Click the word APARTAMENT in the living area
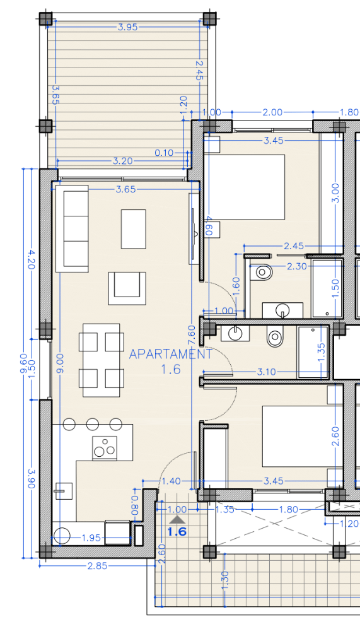click(171, 354)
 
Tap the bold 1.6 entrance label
click(177, 532)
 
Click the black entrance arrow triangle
click(177, 520)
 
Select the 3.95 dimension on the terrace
click(128, 27)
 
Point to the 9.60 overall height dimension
click(24, 363)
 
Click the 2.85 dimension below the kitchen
click(98, 566)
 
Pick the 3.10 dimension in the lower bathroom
click(266, 372)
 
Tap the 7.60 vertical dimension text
click(192, 336)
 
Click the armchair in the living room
click(127, 288)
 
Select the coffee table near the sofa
click(134, 229)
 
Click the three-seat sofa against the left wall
click(72, 228)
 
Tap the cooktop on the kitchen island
click(105, 448)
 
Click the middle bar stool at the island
click(93, 424)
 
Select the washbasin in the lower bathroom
click(235, 332)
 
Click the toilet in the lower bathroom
click(276, 336)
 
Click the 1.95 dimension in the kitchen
click(91, 538)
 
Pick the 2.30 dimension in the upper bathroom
click(297, 266)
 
